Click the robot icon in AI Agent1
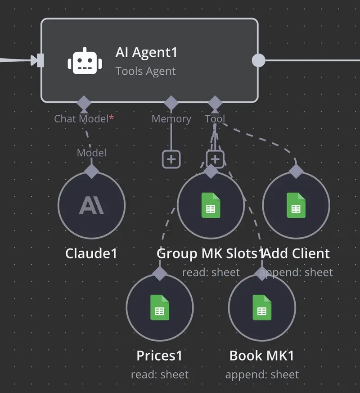coord(82,60)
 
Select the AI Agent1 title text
coord(146,52)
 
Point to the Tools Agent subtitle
coord(145,71)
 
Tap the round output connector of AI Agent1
coord(258,60)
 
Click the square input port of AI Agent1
coord(40,60)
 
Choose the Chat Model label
coord(81,119)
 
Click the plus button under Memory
coord(171,159)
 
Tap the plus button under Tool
coord(215,159)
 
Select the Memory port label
coord(171,119)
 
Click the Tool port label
coord(215,119)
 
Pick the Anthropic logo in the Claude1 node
coord(91,205)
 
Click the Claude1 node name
coord(91,253)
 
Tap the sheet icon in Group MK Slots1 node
coord(211,205)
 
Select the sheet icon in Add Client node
coord(296,205)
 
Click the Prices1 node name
coord(159,356)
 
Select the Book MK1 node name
coord(261,356)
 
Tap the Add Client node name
coord(297,253)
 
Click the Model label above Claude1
coord(91,153)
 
